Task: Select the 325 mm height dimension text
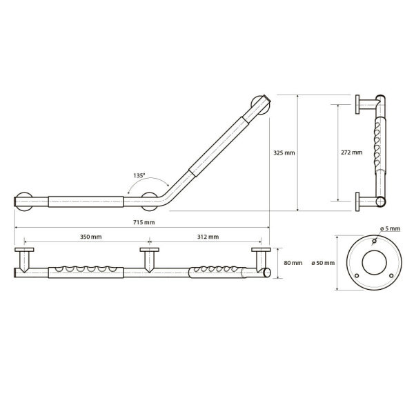point(284,152)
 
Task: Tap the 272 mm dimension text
point(352,152)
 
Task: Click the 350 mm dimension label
point(90,237)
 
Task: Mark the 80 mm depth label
point(293,263)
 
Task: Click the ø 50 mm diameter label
point(323,263)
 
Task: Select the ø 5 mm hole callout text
point(391,228)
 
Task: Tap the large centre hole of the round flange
point(373,264)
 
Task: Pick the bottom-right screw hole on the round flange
point(391,276)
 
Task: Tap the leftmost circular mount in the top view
point(25,202)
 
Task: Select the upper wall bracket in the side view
point(364,103)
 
